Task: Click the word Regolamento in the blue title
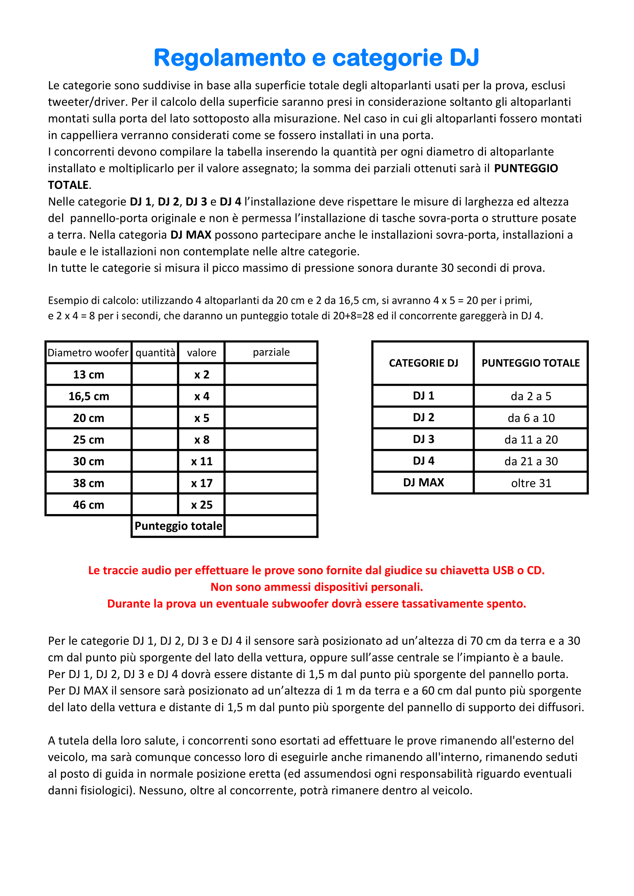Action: pos(230,58)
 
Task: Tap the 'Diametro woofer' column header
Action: pos(88,353)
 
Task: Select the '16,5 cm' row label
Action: pos(89,396)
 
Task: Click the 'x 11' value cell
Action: pos(202,461)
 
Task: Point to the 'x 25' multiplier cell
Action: pos(202,505)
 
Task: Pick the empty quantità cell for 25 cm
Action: pos(155,439)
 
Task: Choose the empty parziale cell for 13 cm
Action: pos(271,374)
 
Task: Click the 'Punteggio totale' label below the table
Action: pos(178,526)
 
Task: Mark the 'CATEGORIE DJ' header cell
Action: pos(423,363)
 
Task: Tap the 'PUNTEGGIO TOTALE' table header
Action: pos(531,363)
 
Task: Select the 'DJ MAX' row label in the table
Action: pos(423,483)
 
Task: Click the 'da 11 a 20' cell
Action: pos(531,439)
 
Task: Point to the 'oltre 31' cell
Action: pos(531,483)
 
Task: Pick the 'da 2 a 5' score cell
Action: pos(531,396)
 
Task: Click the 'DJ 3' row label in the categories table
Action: pos(423,439)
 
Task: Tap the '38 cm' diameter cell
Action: pos(89,483)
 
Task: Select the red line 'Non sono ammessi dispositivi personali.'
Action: pos(317,587)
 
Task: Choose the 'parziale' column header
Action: pos(271,352)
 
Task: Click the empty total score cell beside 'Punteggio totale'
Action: pos(271,526)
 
